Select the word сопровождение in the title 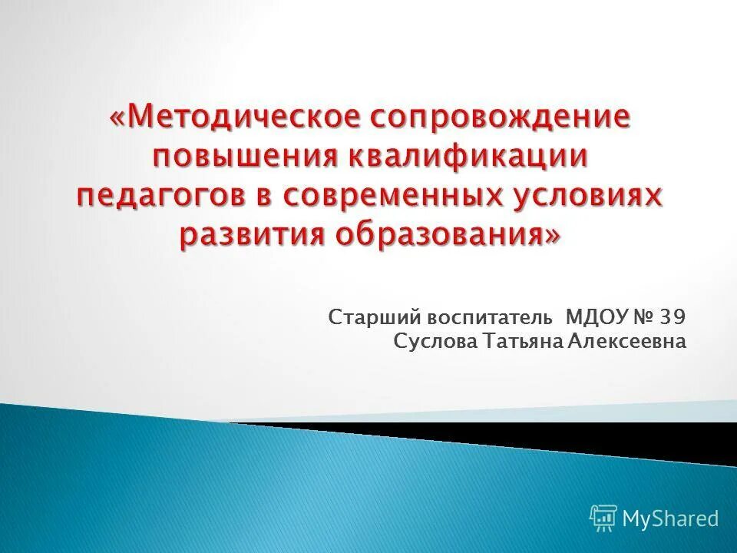[x=501, y=118]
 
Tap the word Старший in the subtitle [x=363, y=317]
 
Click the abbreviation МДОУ [x=596, y=316]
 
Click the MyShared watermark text [x=671, y=518]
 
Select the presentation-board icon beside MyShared [x=603, y=518]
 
